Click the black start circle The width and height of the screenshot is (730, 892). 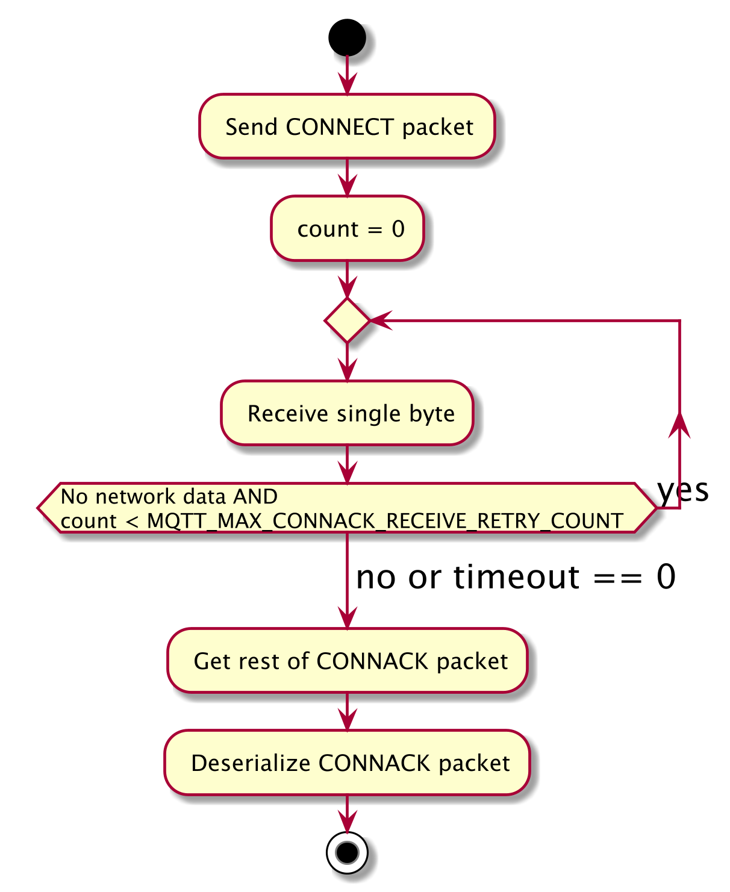click(x=347, y=37)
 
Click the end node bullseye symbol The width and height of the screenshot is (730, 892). click(x=347, y=852)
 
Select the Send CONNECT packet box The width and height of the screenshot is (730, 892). click(x=347, y=126)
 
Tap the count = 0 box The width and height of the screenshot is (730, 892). click(x=347, y=228)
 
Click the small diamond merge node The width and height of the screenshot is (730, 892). click(x=347, y=320)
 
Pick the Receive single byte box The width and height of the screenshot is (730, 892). click(x=347, y=413)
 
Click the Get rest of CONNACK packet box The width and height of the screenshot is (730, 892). click(x=347, y=661)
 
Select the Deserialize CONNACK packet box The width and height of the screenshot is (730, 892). click(x=347, y=763)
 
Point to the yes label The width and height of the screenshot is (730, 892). click(x=683, y=490)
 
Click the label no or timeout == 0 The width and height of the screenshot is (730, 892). click(x=516, y=577)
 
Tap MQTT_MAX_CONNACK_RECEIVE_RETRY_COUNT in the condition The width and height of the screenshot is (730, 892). click(x=385, y=521)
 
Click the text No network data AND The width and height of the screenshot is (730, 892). click(x=169, y=496)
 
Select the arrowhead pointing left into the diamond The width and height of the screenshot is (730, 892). click(x=379, y=320)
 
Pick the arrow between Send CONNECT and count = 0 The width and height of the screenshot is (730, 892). click(x=347, y=178)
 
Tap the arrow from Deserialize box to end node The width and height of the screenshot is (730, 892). click(x=347, y=815)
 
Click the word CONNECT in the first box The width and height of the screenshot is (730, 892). click(x=340, y=127)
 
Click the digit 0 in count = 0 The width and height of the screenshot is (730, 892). click(x=398, y=229)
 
